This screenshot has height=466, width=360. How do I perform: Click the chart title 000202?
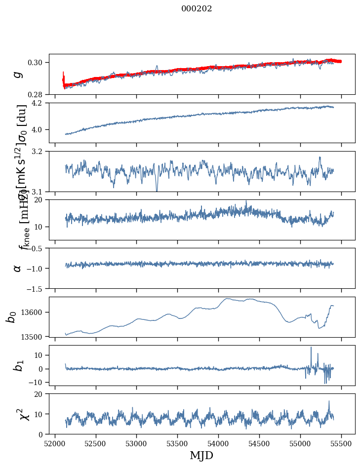(x=197, y=9)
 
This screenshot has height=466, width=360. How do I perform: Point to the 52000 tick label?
(x=55, y=443)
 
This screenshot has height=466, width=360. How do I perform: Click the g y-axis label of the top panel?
(x=18, y=74)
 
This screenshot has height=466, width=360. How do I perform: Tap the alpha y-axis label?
(x=18, y=268)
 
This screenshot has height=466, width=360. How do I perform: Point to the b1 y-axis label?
(x=18, y=366)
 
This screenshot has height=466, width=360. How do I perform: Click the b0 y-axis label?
(x=11, y=317)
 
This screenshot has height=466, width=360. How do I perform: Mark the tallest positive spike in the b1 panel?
(x=311, y=348)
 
